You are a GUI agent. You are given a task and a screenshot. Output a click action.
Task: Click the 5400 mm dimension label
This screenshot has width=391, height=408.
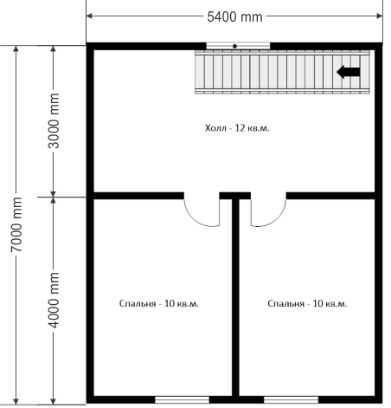click(x=234, y=17)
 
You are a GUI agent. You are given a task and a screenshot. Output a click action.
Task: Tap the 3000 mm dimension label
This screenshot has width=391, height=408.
click(x=54, y=120)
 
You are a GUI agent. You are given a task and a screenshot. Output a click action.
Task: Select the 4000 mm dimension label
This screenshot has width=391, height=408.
click(x=54, y=300)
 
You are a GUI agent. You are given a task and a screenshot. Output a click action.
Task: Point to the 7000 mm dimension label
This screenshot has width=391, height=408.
click(x=16, y=224)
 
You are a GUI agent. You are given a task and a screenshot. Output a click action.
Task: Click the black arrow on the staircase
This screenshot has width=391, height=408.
click(x=349, y=72)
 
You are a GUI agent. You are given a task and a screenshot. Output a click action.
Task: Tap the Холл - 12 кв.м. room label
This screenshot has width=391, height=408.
click(x=237, y=128)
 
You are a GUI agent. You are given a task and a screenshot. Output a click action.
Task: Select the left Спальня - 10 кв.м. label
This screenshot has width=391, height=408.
click(x=159, y=304)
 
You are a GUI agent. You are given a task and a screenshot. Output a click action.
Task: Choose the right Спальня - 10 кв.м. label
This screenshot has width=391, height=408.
click(x=307, y=304)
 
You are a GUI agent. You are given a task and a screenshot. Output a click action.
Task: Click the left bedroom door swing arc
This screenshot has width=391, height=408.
click(x=195, y=218)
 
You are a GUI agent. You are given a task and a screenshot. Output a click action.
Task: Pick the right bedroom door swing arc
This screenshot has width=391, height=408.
click(x=276, y=218)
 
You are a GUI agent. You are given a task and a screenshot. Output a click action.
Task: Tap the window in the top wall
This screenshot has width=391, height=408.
click(x=238, y=46)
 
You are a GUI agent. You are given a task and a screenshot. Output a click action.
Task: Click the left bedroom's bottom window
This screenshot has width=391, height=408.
click(x=182, y=400)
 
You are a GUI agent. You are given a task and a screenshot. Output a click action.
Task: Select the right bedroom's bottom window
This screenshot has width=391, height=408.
click(x=291, y=400)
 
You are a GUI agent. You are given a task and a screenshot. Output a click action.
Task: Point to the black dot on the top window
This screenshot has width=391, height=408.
click(x=235, y=46)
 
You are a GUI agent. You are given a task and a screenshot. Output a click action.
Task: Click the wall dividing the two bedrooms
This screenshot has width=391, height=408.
click(x=235, y=297)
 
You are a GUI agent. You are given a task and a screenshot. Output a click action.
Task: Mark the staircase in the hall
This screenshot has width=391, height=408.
click(x=282, y=72)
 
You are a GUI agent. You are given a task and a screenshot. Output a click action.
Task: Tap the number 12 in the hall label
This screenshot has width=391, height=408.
click(x=240, y=127)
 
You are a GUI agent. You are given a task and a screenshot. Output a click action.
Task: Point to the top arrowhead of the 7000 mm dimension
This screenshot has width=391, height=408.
click(x=16, y=49)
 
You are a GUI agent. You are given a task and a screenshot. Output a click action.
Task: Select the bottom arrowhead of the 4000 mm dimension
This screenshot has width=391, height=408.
click(x=53, y=401)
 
